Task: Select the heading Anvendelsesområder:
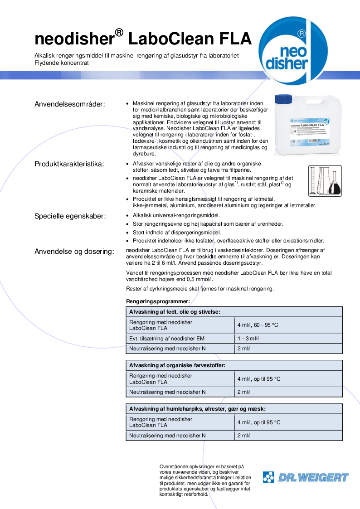click(x=70, y=104)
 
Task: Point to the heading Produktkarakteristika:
click(x=69, y=164)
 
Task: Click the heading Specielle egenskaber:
click(x=70, y=216)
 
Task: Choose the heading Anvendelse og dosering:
click(x=74, y=252)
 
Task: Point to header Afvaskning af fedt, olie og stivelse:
click(x=175, y=312)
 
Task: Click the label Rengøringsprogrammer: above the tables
click(x=158, y=301)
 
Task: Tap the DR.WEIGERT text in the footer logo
click(x=313, y=477)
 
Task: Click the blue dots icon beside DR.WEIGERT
click(x=269, y=477)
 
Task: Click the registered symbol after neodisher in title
click(x=119, y=32)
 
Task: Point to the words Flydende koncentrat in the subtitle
click(x=62, y=63)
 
